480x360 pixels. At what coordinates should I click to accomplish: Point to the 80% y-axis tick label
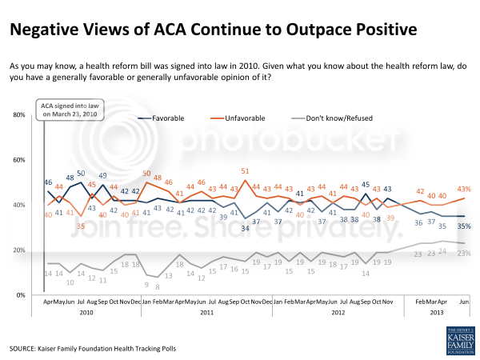[x=19, y=115]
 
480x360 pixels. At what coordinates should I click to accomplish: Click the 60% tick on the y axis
[x=19, y=160]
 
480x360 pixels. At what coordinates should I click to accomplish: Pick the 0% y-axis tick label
[x=21, y=295]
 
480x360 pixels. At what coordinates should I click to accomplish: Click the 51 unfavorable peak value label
[x=245, y=170]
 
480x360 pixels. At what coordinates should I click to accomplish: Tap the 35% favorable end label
[x=462, y=226]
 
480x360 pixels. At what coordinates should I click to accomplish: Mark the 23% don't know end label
[x=462, y=254]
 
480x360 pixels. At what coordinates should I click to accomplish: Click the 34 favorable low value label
[x=245, y=227]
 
